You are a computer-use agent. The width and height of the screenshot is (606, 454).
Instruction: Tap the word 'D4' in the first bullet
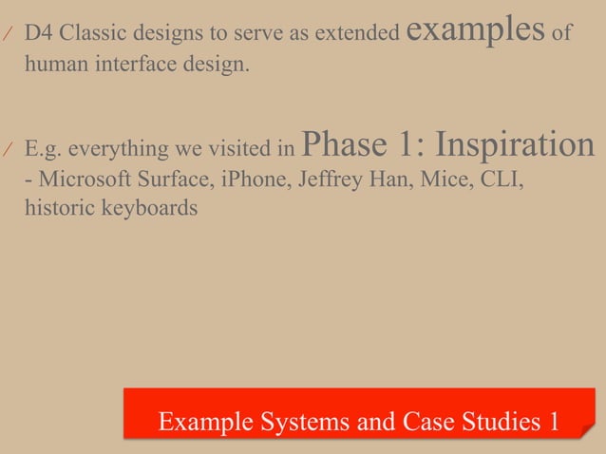point(39,34)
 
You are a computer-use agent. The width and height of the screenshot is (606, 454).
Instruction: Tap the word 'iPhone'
point(249,180)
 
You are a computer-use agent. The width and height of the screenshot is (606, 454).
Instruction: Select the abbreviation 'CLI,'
point(502,180)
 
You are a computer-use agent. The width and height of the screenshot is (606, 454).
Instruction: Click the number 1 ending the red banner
point(553,422)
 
